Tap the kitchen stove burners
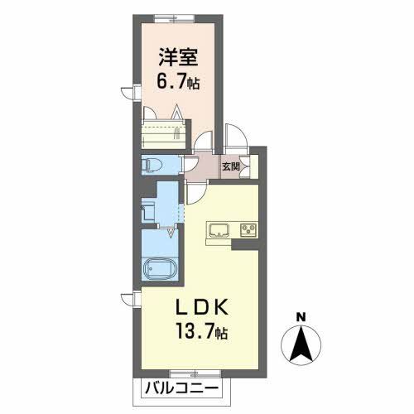248,229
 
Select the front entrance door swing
234,137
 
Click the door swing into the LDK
195,192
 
